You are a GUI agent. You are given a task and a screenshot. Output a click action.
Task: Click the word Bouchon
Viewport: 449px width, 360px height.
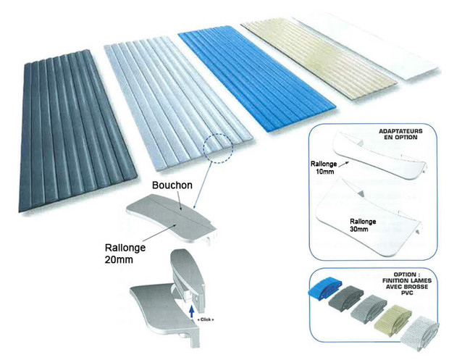pyautogui.click(x=172, y=185)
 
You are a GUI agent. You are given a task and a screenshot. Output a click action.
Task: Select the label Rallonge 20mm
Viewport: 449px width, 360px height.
pyautogui.click(x=125, y=254)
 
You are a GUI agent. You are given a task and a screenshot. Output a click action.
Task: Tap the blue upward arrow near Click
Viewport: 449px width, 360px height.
pyautogui.click(x=192, y=312)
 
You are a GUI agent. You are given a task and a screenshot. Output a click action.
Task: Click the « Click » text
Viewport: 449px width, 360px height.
pyautogui.click(x=206, y=319)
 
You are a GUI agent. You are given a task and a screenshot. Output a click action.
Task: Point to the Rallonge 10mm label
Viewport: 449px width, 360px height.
pyautogui.click(x=324, y=167)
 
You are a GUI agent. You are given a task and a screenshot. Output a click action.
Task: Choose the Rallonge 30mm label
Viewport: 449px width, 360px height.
pyautogui.click(x=363, y=225)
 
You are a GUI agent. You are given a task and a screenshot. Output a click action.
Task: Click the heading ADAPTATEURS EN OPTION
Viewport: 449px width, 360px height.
pyautogui.click(x=401, y=134)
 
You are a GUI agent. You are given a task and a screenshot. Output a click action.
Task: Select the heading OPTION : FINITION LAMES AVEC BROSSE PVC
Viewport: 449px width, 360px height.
pyautogui.click(x=406, y=283)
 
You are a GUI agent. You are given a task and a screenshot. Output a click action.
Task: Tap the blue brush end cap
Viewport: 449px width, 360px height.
pyautogui.click(x=324, y=288)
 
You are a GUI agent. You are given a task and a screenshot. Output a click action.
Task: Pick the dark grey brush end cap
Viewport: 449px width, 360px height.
pyautogui.click(x=346, y=297)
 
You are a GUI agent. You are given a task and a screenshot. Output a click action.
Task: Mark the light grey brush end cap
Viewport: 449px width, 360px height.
pyautogui.click(x=369, y=308)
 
